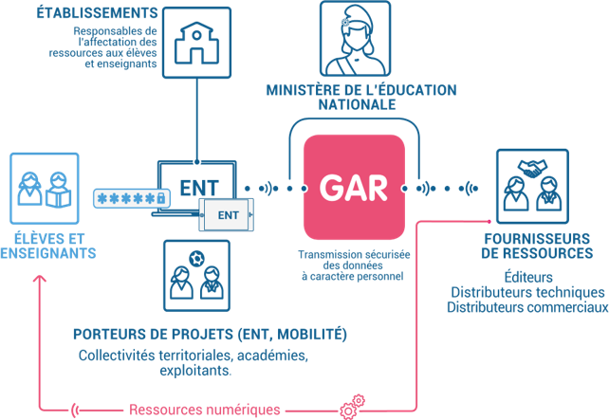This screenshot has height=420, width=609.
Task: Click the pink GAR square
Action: tap(354, 187)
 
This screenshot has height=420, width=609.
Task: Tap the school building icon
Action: tap(196, 43)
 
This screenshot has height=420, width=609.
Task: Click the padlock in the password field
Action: tap(161, 198)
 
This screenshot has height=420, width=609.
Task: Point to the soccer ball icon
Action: tap(196, 259)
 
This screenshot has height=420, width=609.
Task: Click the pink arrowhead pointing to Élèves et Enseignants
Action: tap(40, 279)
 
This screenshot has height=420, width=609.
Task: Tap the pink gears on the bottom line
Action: tap(352, 407)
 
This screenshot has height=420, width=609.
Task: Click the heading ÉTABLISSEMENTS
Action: tap(97, 13)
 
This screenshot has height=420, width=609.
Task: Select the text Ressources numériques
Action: tap(204, 410)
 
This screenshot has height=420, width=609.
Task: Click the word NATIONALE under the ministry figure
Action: tap(357, 104)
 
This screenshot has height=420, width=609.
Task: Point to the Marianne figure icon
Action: tap(355, 39)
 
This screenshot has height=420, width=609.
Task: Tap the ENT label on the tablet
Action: tap(228, 215)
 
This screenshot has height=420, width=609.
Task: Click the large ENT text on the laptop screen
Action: tap(199, 188)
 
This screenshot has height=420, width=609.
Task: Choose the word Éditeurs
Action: tap(528, 277)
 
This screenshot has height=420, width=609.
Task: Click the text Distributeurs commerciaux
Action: tap(527, 307)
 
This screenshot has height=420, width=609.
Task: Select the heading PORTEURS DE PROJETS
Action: tap(154, 335)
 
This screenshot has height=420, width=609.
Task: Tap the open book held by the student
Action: tap(58, 197)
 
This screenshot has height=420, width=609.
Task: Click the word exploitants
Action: tap(195, 371)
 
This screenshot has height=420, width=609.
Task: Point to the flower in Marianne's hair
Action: tap(345, 23)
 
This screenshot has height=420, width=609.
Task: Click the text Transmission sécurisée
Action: tap(354, 255)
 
